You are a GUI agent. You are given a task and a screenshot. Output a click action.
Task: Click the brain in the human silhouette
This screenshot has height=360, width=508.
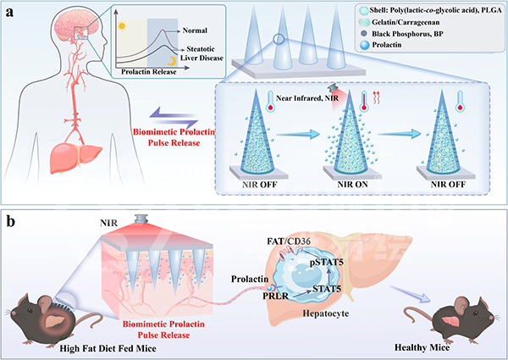(x=60, y=30)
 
